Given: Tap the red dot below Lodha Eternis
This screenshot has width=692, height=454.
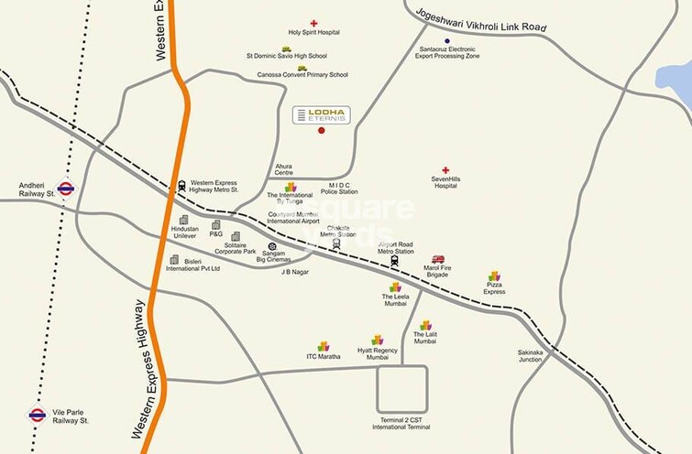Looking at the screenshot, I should click(321, 131).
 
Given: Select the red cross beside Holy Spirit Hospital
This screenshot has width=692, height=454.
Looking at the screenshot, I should click(313, 22).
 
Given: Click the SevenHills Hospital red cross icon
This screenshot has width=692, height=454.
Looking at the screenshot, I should click(445, 170).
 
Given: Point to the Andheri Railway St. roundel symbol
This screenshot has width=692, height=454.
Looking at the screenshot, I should click(65, 188).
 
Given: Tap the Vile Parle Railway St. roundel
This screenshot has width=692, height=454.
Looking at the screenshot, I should click(37, 414).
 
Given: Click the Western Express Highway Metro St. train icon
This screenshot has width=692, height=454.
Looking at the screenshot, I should click(181, 185).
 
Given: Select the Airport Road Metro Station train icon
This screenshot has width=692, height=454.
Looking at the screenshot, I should click(394, 261).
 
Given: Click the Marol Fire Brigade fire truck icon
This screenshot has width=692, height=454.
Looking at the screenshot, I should click(438, 259).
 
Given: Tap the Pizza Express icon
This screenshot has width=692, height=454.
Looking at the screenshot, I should click(495, 276).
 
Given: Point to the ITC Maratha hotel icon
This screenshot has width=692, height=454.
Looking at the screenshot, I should click(323, 346).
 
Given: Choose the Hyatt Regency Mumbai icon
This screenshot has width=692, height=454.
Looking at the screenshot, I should click(377, 340).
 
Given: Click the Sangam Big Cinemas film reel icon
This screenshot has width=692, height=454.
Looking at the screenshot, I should click(271, 246).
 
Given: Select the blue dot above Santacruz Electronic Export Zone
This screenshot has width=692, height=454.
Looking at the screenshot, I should click(446, 41).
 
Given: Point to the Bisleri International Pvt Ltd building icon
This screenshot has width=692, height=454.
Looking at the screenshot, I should click(173, 260).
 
